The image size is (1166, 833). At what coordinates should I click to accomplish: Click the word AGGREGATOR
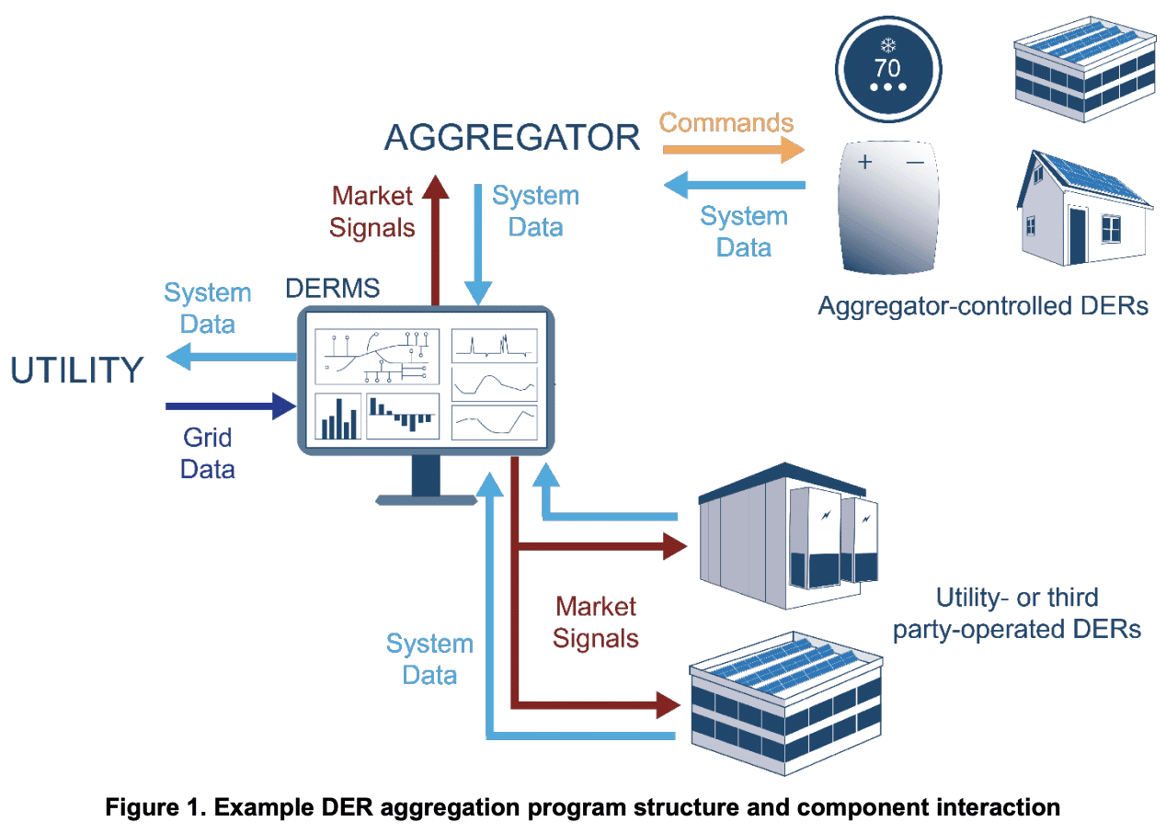point(511,138)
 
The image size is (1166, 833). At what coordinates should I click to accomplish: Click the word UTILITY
point(77,371)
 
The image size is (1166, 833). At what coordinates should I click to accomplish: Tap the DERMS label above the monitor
point(332,288)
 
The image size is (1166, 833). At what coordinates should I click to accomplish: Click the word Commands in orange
point(726,122)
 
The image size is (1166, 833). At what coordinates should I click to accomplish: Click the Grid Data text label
point(207,453)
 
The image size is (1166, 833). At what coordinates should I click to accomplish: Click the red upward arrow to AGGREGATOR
point(435,239)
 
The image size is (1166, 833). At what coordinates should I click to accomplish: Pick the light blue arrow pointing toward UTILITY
point(230,357)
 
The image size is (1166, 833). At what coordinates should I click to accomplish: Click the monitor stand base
point(426,499)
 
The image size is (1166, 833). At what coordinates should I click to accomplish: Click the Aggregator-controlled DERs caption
point(982,305)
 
